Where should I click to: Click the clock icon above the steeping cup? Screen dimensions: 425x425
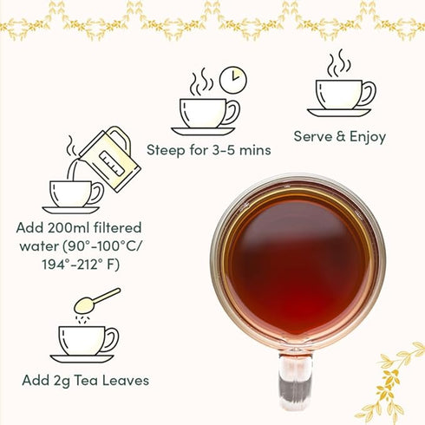point(232,80)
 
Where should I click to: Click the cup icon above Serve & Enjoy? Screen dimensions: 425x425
point(342,95)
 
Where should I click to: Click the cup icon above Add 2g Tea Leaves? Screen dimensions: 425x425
point(84,340)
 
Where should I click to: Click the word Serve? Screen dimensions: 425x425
point(312,136)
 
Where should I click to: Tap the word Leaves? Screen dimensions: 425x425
point(125,380)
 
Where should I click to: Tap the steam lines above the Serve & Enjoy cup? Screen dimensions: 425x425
point(338,62)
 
